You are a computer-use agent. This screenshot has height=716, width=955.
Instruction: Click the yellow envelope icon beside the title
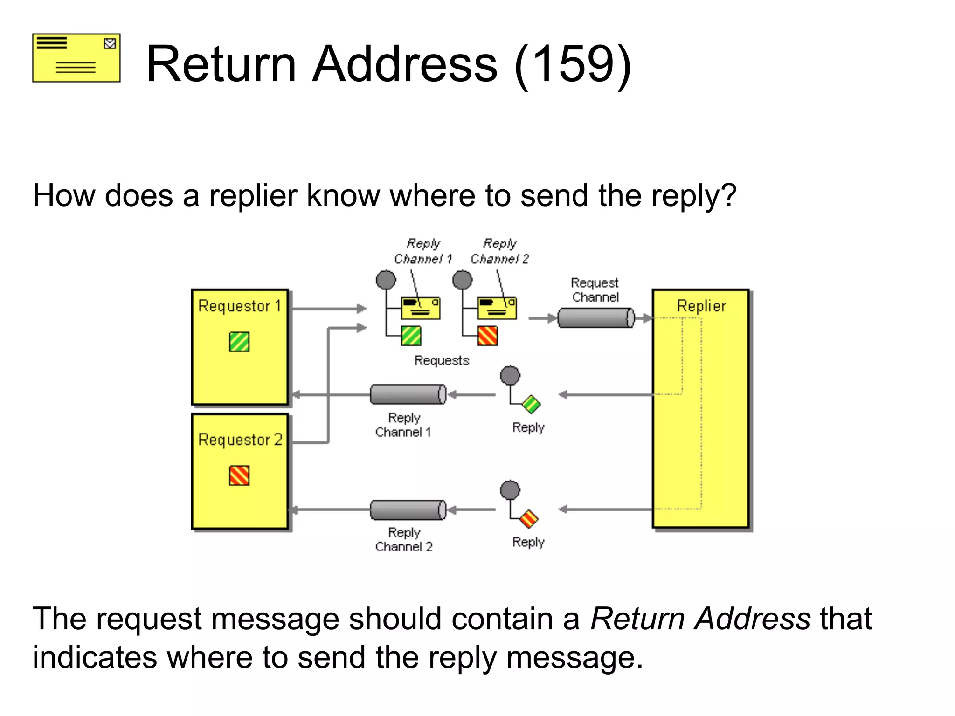click(76, 58)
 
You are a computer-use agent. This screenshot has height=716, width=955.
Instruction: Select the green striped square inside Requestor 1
click(239, 342)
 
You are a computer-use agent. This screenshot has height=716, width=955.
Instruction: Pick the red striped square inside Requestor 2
click(239, 475)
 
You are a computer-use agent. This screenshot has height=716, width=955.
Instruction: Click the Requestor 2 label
click(240, 440)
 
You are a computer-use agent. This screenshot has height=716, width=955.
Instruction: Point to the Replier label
click(701, 306)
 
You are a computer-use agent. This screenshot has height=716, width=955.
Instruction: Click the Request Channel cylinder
click(596, 318)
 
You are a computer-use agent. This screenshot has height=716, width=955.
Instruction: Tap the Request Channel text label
click(595, 290)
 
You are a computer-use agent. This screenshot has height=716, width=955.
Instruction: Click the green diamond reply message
click(531, 404)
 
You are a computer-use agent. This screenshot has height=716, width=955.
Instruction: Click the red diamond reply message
click(529, 519)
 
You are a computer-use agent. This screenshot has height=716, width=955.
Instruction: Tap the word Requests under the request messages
click(442, 360)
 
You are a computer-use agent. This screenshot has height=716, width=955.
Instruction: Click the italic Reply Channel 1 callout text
click(423, 251)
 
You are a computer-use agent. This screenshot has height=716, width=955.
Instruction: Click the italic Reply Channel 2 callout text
click(499, 251)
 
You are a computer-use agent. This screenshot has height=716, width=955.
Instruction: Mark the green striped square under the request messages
click(411, 336)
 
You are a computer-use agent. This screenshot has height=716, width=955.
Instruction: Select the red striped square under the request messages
click(488, 336)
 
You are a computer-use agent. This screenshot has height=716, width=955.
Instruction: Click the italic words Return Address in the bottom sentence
click(700, 619)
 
